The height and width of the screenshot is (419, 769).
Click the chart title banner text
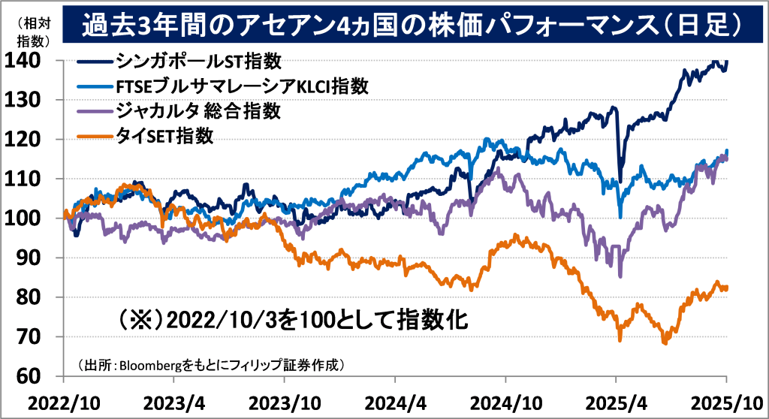coord(406,26)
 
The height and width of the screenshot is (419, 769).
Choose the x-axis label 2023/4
coord(177,402)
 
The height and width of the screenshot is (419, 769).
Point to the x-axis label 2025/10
coord(727,402)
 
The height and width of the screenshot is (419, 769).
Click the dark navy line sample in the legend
coord(95,62)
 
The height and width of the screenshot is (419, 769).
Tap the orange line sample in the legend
coord(95,137)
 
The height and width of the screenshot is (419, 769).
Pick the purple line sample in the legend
coord(95,112)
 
